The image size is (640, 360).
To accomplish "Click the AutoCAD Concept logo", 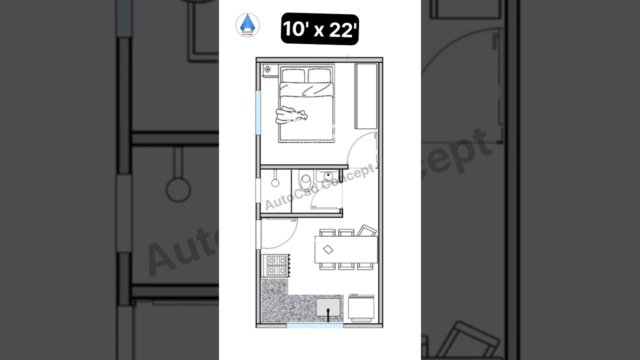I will point(247,25).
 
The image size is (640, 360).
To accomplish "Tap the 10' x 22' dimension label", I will point(320,29).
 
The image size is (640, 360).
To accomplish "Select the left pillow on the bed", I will point(293,76).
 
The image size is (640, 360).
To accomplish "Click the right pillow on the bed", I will point(320,76).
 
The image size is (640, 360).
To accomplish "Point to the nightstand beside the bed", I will point(268,69).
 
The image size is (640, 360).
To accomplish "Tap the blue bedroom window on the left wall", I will point(258,112).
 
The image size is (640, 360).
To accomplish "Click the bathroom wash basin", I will point(327,175).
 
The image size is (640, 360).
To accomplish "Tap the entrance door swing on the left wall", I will point(277,235).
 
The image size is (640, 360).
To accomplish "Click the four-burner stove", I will point(275,265).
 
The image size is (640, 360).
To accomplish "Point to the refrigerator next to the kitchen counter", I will point(361,308).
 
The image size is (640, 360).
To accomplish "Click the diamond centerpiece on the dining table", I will point(328,249).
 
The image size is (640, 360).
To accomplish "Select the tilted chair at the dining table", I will point(366,231).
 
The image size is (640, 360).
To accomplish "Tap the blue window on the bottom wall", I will point(315,325).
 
